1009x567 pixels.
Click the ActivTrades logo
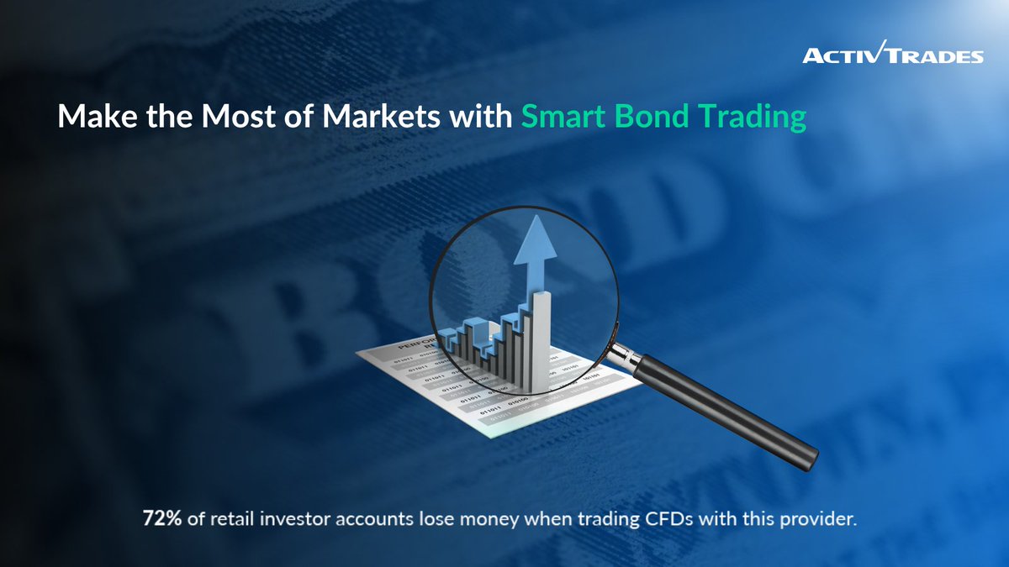[x=892, y=55]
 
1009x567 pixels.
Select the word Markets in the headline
[x=368, y=117]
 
